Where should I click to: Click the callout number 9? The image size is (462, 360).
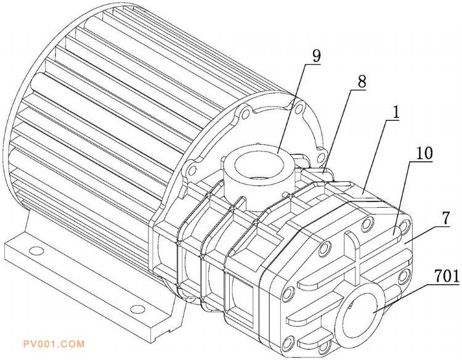[x=316, y=55]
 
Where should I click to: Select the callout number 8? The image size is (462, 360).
[x=362, y=81]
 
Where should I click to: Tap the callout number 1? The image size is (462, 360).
[x=396, y=113]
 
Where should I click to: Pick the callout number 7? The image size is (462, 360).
[x=446, y=218]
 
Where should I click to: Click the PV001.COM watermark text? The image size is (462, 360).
[x=54, y=344]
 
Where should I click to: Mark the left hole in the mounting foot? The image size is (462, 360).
[x=36, y=251]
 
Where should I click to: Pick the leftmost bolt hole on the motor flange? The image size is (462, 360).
[x=192, y=170]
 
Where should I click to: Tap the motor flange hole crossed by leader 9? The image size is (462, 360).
[x=299, y=109]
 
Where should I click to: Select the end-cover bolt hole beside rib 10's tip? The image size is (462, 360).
[x=406, y=226]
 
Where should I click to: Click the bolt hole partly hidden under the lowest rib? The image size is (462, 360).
[x=323, y=347]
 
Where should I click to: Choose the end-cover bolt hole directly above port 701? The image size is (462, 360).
[x=367, y=224]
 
